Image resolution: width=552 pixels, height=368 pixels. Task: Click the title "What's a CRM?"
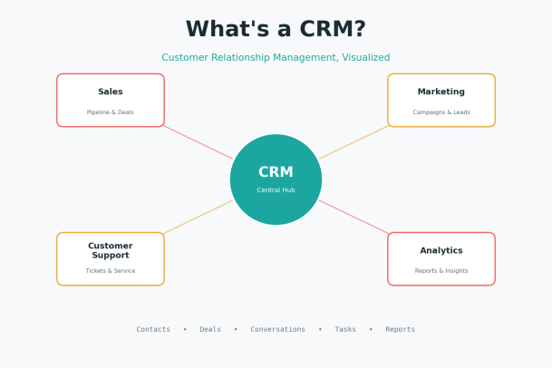tap(276, 29)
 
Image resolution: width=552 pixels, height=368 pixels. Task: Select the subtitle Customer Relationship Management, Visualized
tap(276, 57)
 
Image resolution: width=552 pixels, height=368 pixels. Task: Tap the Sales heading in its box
tap(111, 92)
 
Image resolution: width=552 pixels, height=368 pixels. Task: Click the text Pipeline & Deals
tap(111, 112)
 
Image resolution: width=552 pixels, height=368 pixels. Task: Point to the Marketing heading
tap(441, 92)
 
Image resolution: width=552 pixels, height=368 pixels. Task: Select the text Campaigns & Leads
tap(441, 112)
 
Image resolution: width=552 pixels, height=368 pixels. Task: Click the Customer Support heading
tap(111, 250)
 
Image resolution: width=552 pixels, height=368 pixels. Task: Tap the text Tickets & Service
tap(111, 270)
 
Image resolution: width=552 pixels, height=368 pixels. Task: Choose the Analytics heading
tap(441, 250)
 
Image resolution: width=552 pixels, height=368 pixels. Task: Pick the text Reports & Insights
tap(441, 270)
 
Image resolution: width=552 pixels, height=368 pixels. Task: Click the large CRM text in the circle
tap(276, 172)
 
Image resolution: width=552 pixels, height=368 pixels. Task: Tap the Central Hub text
tap(276, 190)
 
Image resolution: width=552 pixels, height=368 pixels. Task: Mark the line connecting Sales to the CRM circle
tap(199, 142)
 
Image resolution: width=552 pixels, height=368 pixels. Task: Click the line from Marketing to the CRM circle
tap(353, 142)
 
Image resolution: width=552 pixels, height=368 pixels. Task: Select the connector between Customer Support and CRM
tap(199, 217)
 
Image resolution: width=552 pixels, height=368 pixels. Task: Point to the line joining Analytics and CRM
tap(353, 217)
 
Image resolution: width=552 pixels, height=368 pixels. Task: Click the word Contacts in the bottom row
tap(153, 329)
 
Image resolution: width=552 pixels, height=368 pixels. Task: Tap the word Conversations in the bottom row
tap(277, 329)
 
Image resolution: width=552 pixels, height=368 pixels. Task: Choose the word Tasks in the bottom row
tap(345, 329)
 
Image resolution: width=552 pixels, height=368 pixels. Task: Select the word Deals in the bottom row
tap(210, 329)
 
